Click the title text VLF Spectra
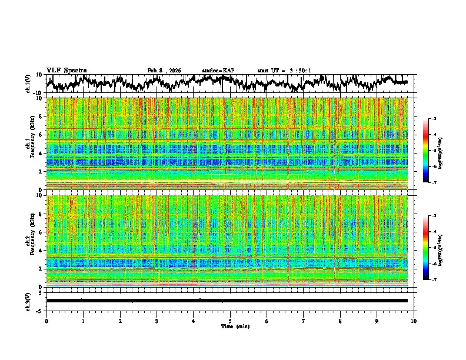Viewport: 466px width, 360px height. [66, 71]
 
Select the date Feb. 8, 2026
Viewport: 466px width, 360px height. [164, 71]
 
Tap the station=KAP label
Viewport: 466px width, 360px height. [218, 71]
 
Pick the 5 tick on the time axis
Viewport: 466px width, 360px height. [230, 321]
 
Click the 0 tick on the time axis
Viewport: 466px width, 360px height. [46, 321]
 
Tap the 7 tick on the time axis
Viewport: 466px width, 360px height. [304, 321]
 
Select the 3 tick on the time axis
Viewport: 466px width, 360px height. [157, 321]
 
